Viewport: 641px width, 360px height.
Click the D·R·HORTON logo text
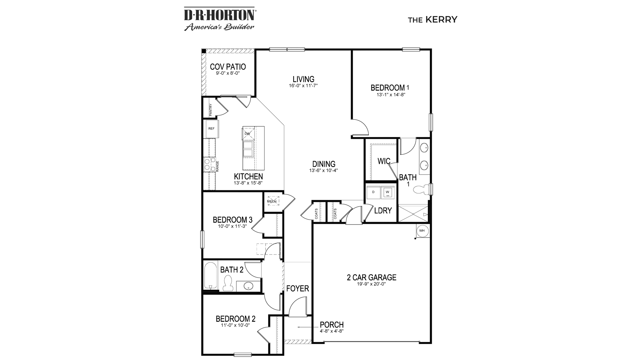pos(220,15)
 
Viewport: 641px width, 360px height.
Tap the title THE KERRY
pos(432,20)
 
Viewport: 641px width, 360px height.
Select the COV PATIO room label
pos(228,67)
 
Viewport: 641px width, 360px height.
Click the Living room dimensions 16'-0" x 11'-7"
pos(303,86)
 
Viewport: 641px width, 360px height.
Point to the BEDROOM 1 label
pos(390,88)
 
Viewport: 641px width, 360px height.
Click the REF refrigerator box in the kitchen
pos(211,129)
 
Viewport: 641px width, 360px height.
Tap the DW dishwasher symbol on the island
pos(248,133)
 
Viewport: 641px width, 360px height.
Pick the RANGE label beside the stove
pos(217,166)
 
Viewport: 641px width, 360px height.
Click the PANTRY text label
pos(211,110)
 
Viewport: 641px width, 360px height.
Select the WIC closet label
pos(384,161)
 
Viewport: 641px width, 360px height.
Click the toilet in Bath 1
pos(421,190)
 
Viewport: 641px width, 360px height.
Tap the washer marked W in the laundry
pos(387,192)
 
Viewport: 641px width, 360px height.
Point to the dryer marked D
pos(373,192)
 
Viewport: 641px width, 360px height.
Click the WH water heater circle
pos(422,231)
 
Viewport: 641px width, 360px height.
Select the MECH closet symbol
pos(272,201)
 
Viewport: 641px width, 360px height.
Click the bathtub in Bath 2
pos(210,277)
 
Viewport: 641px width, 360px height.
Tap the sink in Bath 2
pos(248,286)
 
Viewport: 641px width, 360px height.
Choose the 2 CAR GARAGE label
pos(371,277)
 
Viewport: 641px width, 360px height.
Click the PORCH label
pos(332,325)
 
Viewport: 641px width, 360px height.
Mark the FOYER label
pos(298,289)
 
